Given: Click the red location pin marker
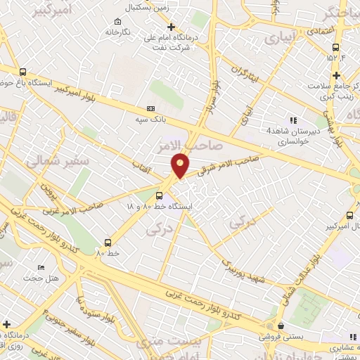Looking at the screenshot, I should click(x=181, y=164).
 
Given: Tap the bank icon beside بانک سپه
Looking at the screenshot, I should click(x=150, y=110).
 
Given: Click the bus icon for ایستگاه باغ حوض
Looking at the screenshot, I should click(x=23, y=72).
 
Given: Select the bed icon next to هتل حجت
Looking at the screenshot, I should click(x=41, y=269).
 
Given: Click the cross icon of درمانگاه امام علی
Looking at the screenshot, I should click(x=172, y=27).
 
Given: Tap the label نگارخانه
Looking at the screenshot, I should click(x=118, y=32).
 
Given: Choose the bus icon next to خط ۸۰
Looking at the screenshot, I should click(x=108, y=240).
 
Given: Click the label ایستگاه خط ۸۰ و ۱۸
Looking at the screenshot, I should click(x=159, y=207).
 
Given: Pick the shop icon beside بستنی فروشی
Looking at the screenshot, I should click(x=281, y=326).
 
